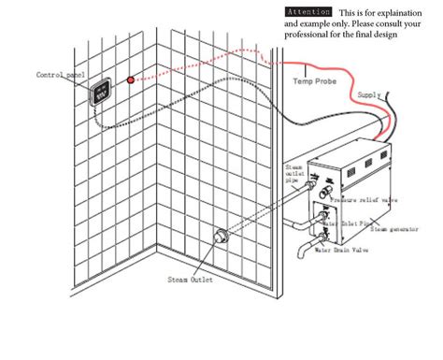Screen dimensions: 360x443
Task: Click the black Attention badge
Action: point(307,11)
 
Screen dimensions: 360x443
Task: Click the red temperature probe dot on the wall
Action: point(131,79)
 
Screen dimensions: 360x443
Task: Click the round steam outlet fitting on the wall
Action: point(221,239)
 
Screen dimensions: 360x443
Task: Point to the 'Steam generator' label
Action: point(396,227)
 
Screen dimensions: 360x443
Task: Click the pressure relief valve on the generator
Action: point(324,194)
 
